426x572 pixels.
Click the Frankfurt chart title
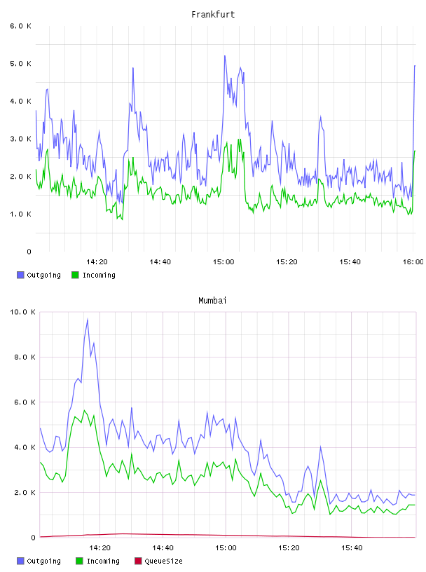(x=213, y=15)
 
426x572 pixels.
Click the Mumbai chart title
(x=212, y=301)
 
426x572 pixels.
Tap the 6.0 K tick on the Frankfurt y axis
(x=20, y=26)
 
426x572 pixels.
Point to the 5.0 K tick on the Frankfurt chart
(x=20, y=64)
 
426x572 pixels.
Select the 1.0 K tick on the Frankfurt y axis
(x=20, y=214)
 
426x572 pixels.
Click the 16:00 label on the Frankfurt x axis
(x=413, y=261)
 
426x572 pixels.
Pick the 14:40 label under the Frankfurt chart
(x=160, y=261)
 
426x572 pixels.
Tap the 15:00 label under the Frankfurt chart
(x=224, y=261)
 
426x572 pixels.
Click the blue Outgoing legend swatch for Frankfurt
(x=20, y=275)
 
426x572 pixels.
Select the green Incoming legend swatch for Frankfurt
(x=75, y=275)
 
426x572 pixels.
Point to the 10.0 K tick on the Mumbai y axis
(x=22, y=312)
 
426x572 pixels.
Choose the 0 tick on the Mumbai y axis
(x=33, y=538)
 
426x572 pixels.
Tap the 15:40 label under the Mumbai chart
(x=352, y=547)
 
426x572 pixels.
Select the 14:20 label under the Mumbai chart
(x=99, y=547)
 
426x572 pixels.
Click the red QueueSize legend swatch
(x=138, y=561)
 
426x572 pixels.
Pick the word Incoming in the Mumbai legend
(x=103, y=561)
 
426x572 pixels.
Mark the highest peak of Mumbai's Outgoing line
(x=88, y=319)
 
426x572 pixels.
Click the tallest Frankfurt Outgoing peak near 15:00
(x=225, y=56)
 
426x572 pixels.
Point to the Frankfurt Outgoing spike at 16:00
(x=415, y=66)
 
